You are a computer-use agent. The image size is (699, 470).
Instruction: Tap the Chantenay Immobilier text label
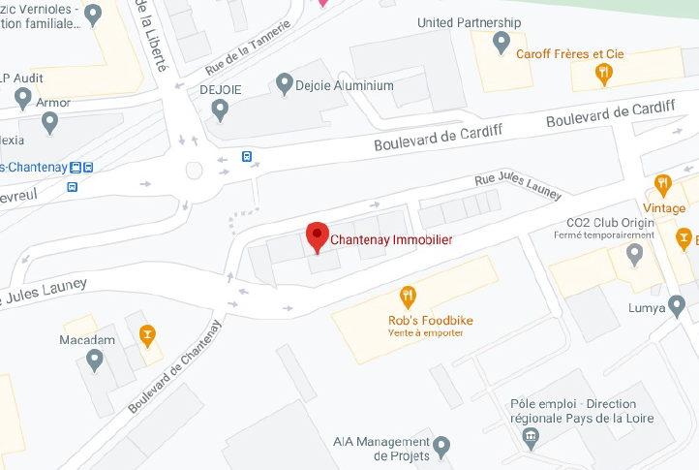[391, 239]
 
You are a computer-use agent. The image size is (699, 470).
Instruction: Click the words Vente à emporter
[424, 333]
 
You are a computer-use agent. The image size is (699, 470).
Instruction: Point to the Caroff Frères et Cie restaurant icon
[604, 72]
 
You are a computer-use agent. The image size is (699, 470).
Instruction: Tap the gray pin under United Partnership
[501, 43]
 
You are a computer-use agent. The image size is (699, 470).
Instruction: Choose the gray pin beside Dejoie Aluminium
[284, 85]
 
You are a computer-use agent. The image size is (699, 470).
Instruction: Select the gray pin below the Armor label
[50, 123]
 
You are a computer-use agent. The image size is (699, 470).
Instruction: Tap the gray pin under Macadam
[94, 360]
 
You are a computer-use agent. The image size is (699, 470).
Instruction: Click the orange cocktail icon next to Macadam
[147, 335]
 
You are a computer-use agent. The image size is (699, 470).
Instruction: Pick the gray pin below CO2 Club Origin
[635, 255]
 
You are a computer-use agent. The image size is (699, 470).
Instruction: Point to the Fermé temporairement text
[612, 235]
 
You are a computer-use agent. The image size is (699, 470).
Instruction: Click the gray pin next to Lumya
[677, 308]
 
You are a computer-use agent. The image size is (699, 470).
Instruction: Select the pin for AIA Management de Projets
[441, 447]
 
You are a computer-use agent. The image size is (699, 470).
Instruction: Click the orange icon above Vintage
[663, 184]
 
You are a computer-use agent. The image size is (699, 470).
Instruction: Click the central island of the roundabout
[195, 171]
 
